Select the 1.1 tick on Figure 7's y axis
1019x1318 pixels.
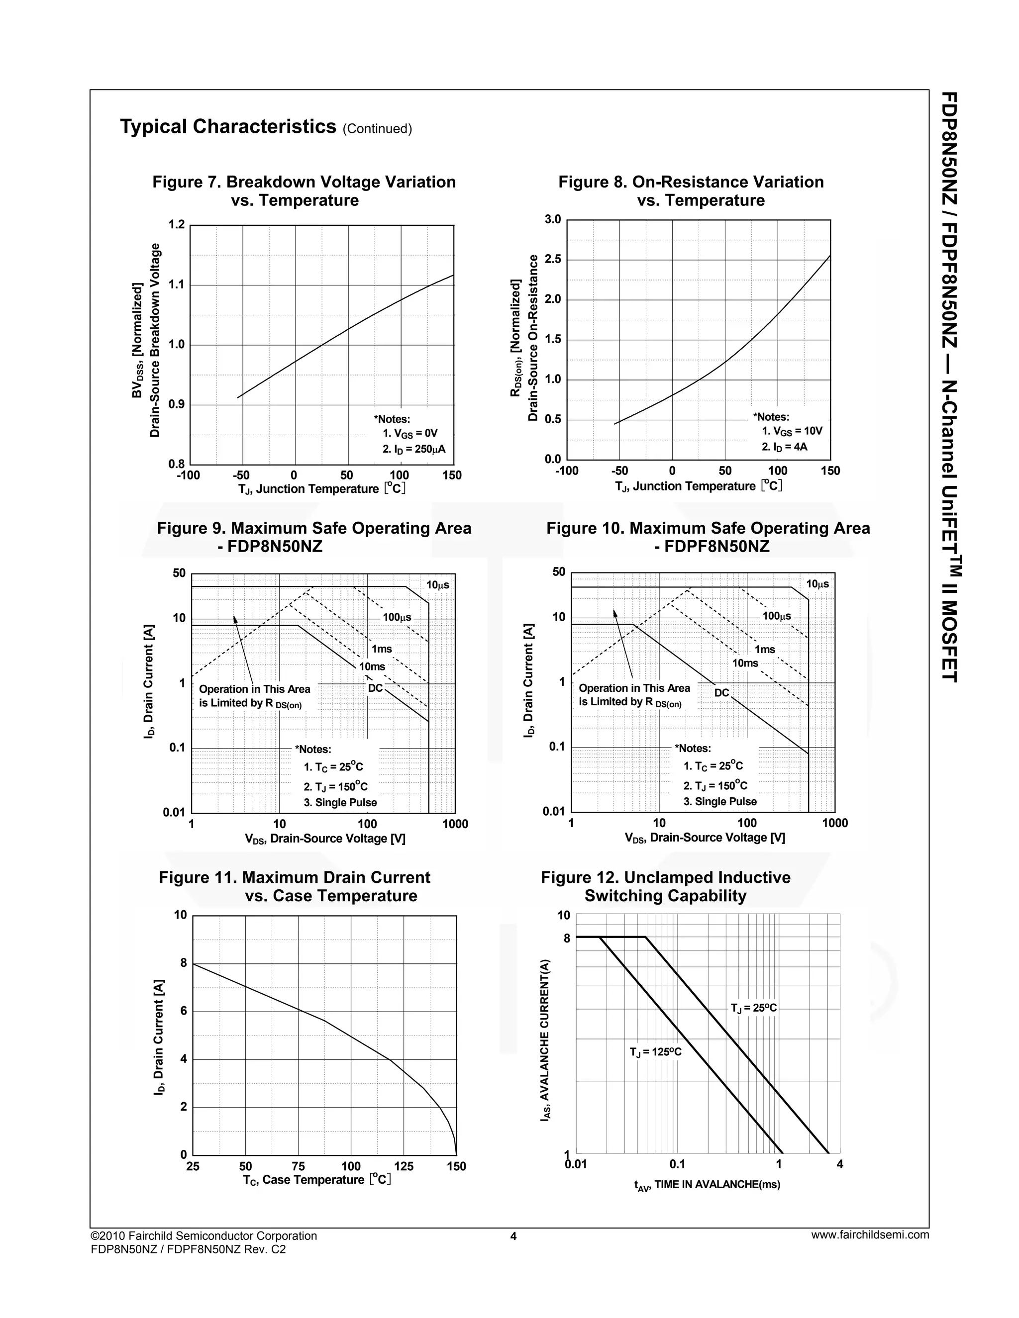tap(176, 284)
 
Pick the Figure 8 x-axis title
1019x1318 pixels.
tap(699, 486)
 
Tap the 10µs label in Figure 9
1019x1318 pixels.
tap(438, 585)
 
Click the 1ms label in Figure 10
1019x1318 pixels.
tap(765, 650)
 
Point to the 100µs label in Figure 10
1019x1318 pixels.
tap(776, 616)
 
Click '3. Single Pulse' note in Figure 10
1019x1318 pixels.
tap(719, 801)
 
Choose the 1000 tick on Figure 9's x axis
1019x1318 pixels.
tap(455, 824)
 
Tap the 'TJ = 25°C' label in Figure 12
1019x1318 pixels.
tap(753, 1008)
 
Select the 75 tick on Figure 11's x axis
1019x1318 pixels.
tap(298, 1166)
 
